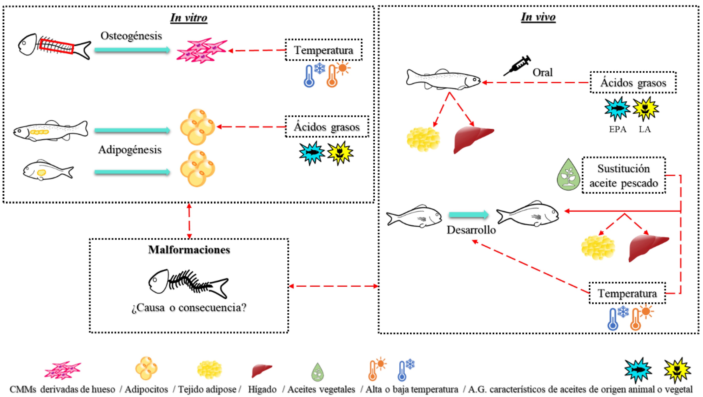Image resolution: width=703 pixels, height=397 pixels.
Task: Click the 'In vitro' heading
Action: (x=189, y=18)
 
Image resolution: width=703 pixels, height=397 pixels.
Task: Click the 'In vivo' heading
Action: (x=538, y=17)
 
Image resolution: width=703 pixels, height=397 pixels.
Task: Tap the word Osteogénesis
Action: (x=131, y=36)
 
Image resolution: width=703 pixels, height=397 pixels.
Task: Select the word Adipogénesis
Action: (x=130, y=150)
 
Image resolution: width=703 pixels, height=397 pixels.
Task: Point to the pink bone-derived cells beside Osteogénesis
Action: (x=201, y=50)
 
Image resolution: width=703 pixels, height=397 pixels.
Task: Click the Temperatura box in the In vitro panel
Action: (x=324, y=50)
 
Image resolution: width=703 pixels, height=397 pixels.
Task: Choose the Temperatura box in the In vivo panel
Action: (x=627, y=293)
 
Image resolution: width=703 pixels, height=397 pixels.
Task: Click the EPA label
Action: (x=618, y=129)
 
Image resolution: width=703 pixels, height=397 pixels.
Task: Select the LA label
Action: (x=645, y=129)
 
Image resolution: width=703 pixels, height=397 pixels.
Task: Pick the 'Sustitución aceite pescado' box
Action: (x=624, y=176)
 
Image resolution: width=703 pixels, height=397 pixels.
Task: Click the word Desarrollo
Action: (x=471, y=230)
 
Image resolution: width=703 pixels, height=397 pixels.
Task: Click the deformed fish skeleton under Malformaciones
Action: (x=188, y=284)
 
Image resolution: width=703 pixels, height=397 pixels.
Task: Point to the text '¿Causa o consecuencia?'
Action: (x=189, y=308)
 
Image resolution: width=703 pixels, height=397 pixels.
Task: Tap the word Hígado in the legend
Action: (x=262, y=389)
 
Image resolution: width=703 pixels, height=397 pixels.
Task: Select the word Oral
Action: (x=543, y=72)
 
